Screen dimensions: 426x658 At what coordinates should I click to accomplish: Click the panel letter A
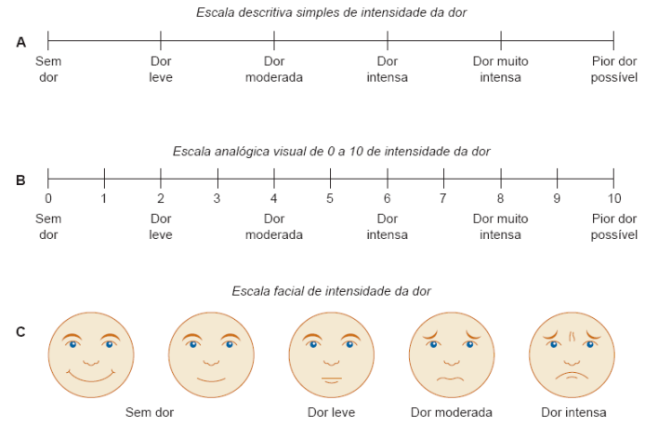(20, 42)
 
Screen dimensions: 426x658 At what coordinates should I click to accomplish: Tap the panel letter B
(20, 180)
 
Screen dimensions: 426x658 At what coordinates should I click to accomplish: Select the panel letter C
(20, 330)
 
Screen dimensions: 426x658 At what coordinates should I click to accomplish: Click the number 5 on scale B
(330, 197)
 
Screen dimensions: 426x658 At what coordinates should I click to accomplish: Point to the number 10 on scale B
(613, 197)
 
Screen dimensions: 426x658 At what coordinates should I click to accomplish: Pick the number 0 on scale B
(48, 197)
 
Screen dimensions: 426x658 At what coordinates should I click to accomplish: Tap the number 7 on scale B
(443, 197)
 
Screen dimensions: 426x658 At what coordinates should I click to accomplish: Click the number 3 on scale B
(217, 197)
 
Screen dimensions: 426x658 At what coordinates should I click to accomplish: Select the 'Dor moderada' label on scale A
(274, 70)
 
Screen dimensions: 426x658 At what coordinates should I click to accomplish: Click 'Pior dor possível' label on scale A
(613, 70)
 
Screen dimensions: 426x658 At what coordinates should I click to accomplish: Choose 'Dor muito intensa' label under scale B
(500, 227)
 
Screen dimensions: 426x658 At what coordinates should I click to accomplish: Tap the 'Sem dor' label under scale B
(48, 227)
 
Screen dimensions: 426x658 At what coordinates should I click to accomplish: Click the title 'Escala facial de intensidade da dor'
(331, 291)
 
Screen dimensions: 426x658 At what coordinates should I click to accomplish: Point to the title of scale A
(331, 12)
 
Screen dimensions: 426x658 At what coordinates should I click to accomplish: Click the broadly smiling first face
(91, 354)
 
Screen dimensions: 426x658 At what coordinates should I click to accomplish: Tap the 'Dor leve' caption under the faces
(331, 412)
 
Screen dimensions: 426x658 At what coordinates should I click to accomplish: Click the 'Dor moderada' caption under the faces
(452, 412)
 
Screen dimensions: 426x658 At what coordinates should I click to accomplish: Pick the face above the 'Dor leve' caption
(332, 354)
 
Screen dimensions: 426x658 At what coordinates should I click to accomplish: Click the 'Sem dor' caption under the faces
(150, 412)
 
